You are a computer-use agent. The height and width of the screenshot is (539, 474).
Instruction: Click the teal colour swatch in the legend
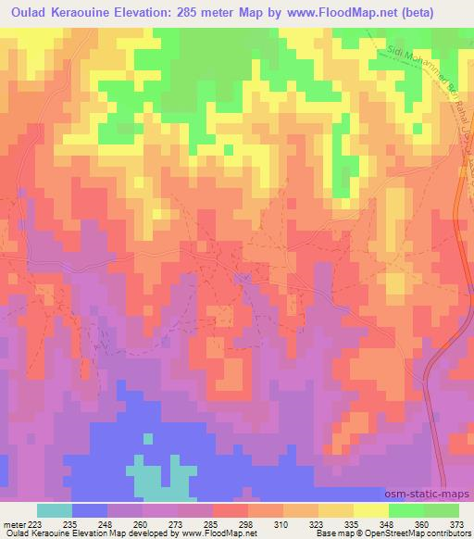[x=55, y=509]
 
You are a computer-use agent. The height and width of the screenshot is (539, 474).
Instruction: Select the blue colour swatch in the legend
[x=90, y=509]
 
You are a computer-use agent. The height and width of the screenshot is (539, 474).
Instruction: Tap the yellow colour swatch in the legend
[x=370, y=509]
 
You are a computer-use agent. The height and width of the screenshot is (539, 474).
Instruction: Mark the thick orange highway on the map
[x=433, y=370]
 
